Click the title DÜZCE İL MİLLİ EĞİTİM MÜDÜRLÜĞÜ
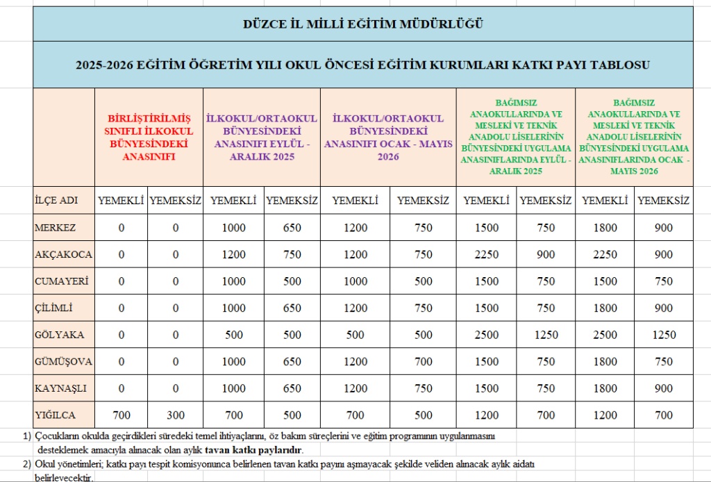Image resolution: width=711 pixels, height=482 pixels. click(362, 24)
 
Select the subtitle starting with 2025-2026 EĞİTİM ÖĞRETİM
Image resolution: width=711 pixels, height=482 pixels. click(362, 65)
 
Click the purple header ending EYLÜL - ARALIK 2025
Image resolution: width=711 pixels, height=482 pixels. click(262, 138)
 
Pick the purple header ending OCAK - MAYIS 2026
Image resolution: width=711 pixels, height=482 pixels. click(388, 138)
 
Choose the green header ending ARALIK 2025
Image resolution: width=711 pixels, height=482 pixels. click(516, 138)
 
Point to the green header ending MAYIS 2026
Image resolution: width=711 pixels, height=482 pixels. click(634, 138)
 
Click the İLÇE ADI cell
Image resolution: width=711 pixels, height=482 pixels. click(56, 201)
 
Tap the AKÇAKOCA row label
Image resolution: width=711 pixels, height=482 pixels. click(63, 255)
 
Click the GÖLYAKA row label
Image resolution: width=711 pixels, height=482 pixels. click(59, 335)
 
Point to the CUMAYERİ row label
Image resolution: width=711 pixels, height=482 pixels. click(62, 281)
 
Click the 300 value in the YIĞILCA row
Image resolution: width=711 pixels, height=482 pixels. click(176, 415)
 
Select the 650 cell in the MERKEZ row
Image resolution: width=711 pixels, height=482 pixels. click(292, 228)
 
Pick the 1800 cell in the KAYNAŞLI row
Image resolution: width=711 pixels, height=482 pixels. click(604, 388)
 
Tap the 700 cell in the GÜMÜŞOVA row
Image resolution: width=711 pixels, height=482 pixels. click(423, 362)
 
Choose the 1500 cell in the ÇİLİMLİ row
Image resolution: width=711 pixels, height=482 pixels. click(486, 308)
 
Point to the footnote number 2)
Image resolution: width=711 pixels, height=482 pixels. click(26, 464)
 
